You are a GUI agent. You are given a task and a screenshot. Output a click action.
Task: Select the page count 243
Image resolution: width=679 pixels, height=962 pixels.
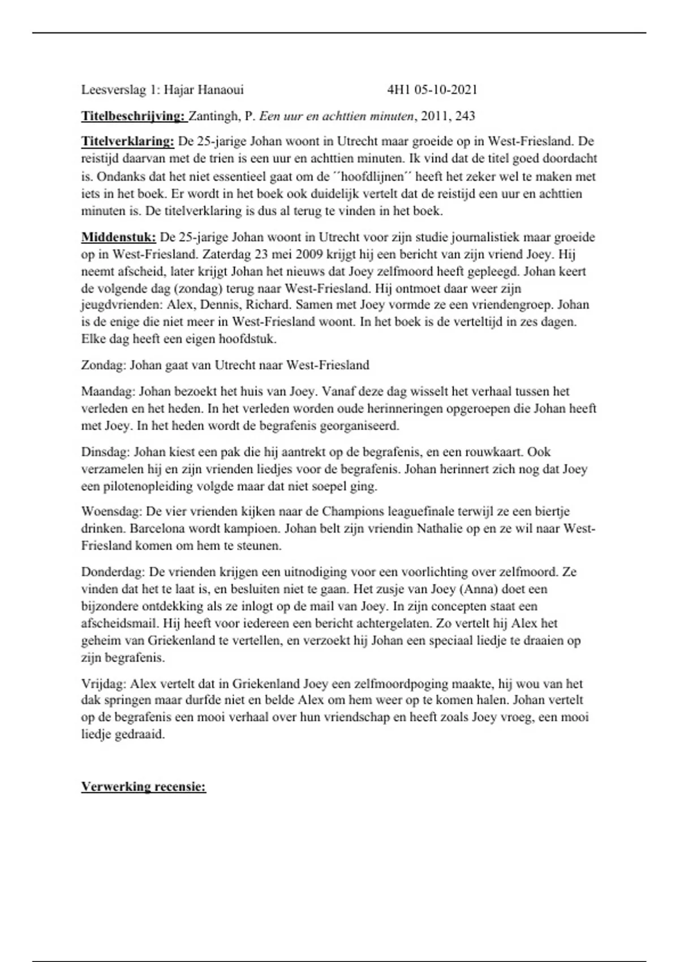[x=465, y=116]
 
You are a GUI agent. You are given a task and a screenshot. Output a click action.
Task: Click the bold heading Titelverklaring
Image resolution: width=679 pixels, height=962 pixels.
[x=127, y=141]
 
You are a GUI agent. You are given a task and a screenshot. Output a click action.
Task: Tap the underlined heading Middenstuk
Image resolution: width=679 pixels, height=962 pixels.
[x=118, y=237]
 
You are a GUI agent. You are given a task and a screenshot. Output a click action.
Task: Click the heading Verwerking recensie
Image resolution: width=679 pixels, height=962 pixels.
[x=143, y=787]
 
